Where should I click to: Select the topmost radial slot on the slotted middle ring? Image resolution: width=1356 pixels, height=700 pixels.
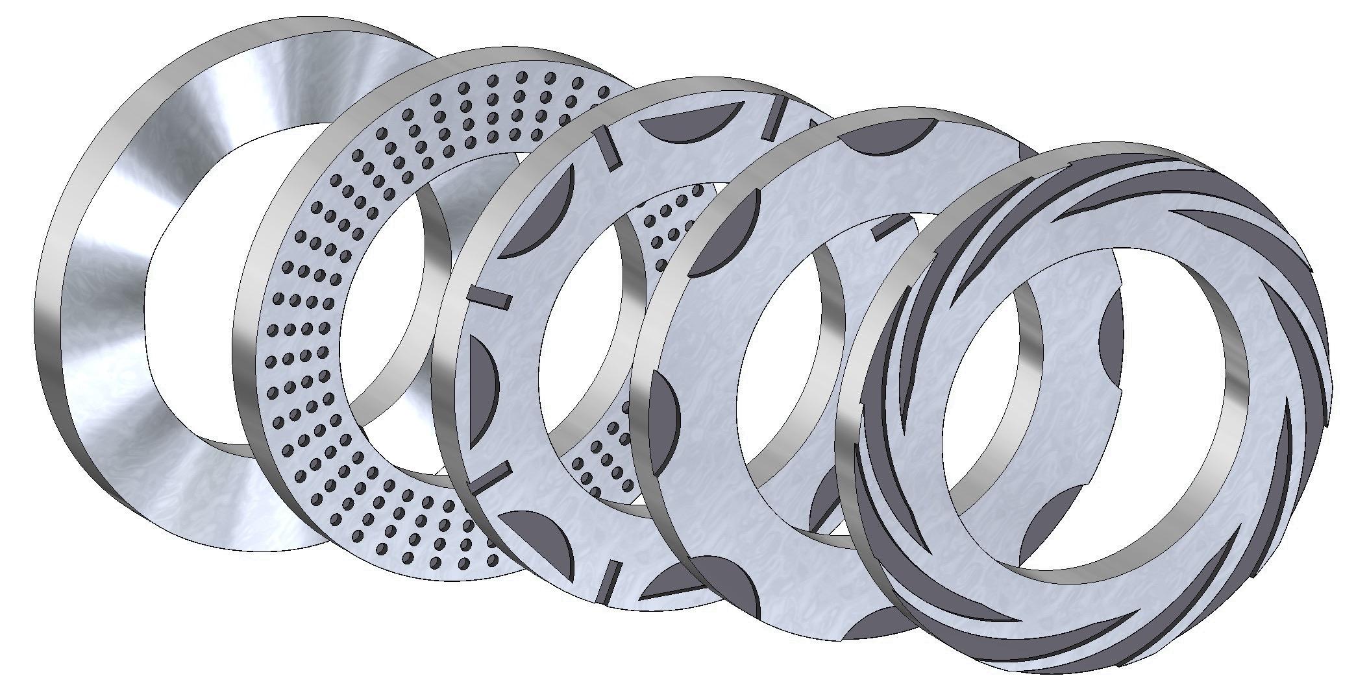(774, 119)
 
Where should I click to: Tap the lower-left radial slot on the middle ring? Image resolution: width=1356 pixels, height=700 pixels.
(488, 477)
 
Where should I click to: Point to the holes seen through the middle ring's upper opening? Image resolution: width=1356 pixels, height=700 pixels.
(669, 214)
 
